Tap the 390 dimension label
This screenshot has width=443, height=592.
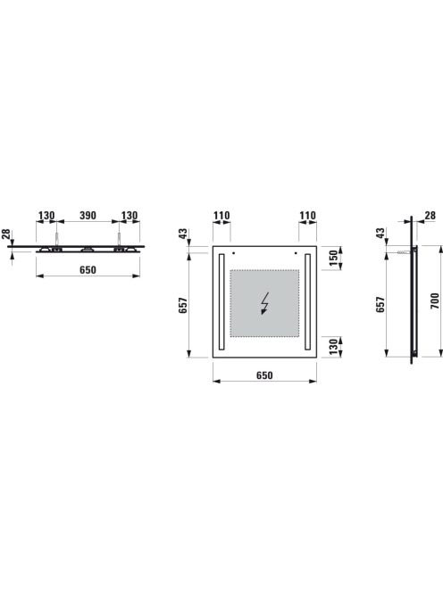(x=88, y=215)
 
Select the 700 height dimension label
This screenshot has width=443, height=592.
(x=436, y=301)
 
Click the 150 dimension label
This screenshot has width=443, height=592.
(x=334, y=258)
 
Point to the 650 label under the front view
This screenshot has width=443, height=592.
(x=264, y=375)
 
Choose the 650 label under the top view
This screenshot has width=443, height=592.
(x=88, y=269)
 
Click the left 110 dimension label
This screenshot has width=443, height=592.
(x=221, y=215)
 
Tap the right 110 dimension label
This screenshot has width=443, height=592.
(x=307, y=215)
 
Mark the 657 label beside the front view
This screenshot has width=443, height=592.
(x=183, y=305)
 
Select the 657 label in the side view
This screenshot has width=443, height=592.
(x=380, y=304)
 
